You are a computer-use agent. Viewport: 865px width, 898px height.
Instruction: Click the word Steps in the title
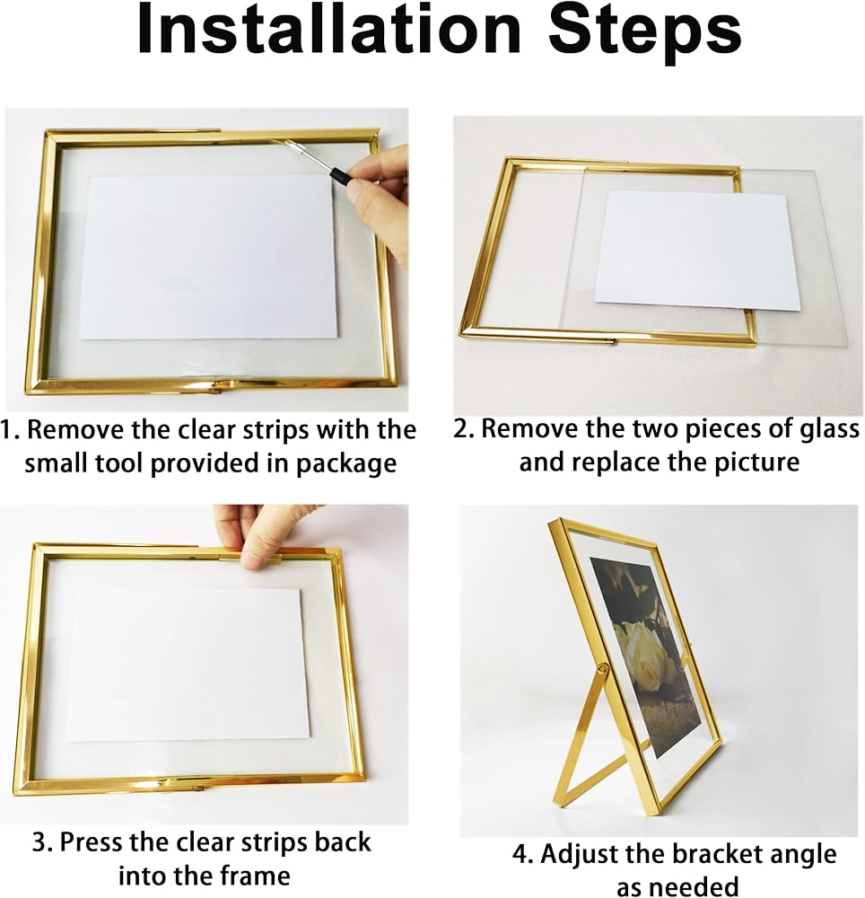tap(645, 33)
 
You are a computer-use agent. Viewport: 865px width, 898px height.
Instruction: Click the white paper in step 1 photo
tap(209, 257)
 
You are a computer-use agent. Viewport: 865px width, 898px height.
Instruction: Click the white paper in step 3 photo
tap(183, 665)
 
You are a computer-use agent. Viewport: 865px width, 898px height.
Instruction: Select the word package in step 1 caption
tap(346, 464)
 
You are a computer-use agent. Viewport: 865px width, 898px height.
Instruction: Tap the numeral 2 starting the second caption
tap(461, 429)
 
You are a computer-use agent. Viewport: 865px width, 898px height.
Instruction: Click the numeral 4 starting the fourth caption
tap(520, 855)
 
